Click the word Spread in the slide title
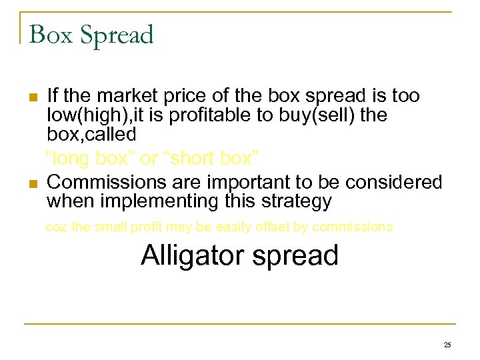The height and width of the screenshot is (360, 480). coord(117,36)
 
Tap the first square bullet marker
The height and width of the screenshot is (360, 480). coord(32,97)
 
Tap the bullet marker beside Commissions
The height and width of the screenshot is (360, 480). coord(32,183)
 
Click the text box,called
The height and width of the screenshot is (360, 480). coord(91,134)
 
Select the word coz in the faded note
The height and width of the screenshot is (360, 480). coord(56,227)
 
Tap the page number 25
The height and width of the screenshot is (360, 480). coord(447,345)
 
